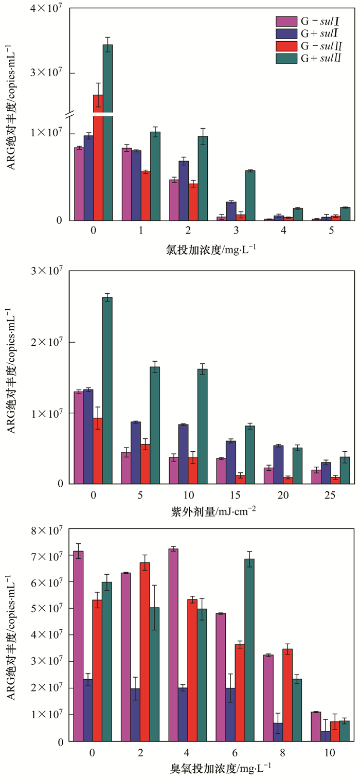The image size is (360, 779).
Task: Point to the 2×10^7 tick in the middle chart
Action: pos(48,342)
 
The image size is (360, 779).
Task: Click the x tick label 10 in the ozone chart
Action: pos(330,752)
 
